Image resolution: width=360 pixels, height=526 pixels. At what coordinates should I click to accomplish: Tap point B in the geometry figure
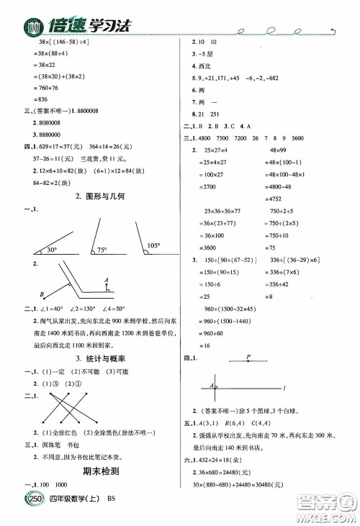coord(42,293)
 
